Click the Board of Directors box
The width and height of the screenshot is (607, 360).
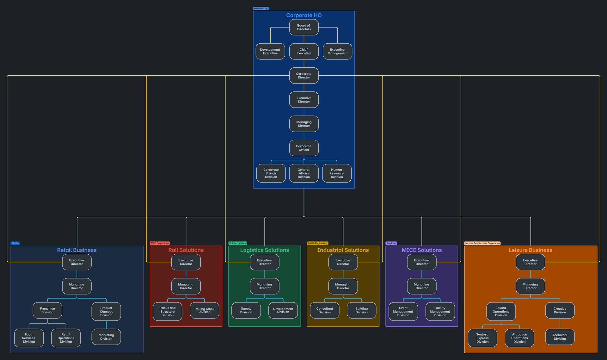(304, 27)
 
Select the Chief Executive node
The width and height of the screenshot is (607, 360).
(304, 51)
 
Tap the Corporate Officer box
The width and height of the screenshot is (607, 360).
(304, 148)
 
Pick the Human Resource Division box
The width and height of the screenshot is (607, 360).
(337, 173)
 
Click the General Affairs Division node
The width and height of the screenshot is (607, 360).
(304, 173)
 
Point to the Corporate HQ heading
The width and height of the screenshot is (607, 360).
(304, 15)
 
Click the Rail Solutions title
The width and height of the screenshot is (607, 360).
(186, 250)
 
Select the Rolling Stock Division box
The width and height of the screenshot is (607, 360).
(205, 310)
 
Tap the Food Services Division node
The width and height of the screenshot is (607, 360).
(29, 338)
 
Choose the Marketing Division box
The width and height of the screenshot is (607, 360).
(106, 337)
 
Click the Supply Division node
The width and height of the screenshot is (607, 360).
(246, 310)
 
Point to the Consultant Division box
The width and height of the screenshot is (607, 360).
(325, 310)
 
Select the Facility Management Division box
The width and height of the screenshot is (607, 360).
(440, 312)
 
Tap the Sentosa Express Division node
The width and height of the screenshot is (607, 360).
(482, 338)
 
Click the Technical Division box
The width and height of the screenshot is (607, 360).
(560, 337)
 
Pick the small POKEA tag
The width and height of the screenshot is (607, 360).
(15, 243)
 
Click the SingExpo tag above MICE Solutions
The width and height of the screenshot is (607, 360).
(391, 243)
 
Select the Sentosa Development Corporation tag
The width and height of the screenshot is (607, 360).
(482, 243)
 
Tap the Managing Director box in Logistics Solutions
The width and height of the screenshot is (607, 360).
(265, 286)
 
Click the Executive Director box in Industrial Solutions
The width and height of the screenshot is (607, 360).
(343, 262)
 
